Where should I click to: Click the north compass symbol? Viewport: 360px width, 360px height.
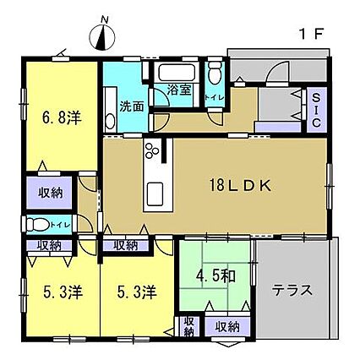coord(102,35)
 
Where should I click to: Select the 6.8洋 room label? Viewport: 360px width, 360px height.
coord(62,117)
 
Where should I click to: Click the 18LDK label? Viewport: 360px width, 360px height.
coord(240,186)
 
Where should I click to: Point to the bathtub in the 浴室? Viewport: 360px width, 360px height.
coord(177,73)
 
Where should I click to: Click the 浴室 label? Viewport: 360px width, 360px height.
coord(179,90)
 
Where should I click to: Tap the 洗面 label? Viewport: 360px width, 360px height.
coord(132,106)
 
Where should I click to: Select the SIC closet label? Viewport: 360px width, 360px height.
coord(317,110)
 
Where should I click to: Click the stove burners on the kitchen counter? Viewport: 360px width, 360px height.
coord(152,150)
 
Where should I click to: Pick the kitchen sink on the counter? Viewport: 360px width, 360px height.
coord(155,194)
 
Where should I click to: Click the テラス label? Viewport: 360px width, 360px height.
coord(292,290)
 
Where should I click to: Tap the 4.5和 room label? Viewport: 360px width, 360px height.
coord(215,276)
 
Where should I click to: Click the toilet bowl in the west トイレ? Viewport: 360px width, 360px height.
coord(37,225)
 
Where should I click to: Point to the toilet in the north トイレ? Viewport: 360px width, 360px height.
coord(215,73)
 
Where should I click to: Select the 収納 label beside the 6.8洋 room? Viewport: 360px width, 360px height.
coord(51,194)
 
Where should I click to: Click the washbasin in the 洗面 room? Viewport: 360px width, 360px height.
coord(110,122)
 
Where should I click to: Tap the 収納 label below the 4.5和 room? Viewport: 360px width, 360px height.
coord(227,327)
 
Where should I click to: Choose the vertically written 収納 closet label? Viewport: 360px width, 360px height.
coord(189,327)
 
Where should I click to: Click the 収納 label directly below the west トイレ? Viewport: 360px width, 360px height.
coord(50,246)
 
